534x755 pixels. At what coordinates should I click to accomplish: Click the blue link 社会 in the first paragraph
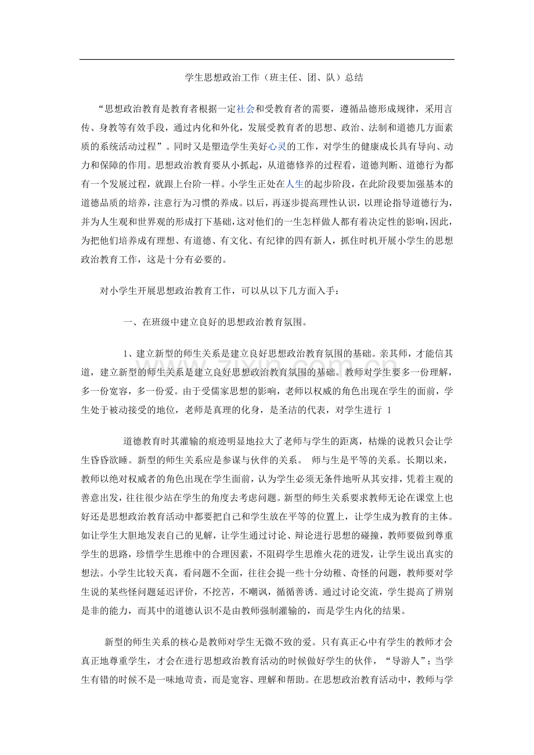pyautogui.click(x=246, y=108)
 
